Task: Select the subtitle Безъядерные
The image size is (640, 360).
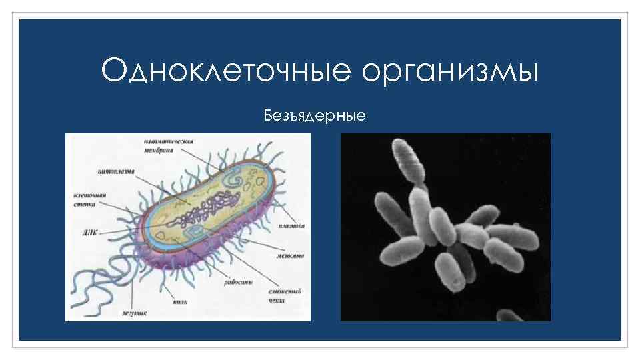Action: coord(315,117)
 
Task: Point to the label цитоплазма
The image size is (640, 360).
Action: coord(116,171)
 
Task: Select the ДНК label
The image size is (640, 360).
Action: coord(87,233)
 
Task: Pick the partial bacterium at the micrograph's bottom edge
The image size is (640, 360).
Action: coord(510,315)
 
